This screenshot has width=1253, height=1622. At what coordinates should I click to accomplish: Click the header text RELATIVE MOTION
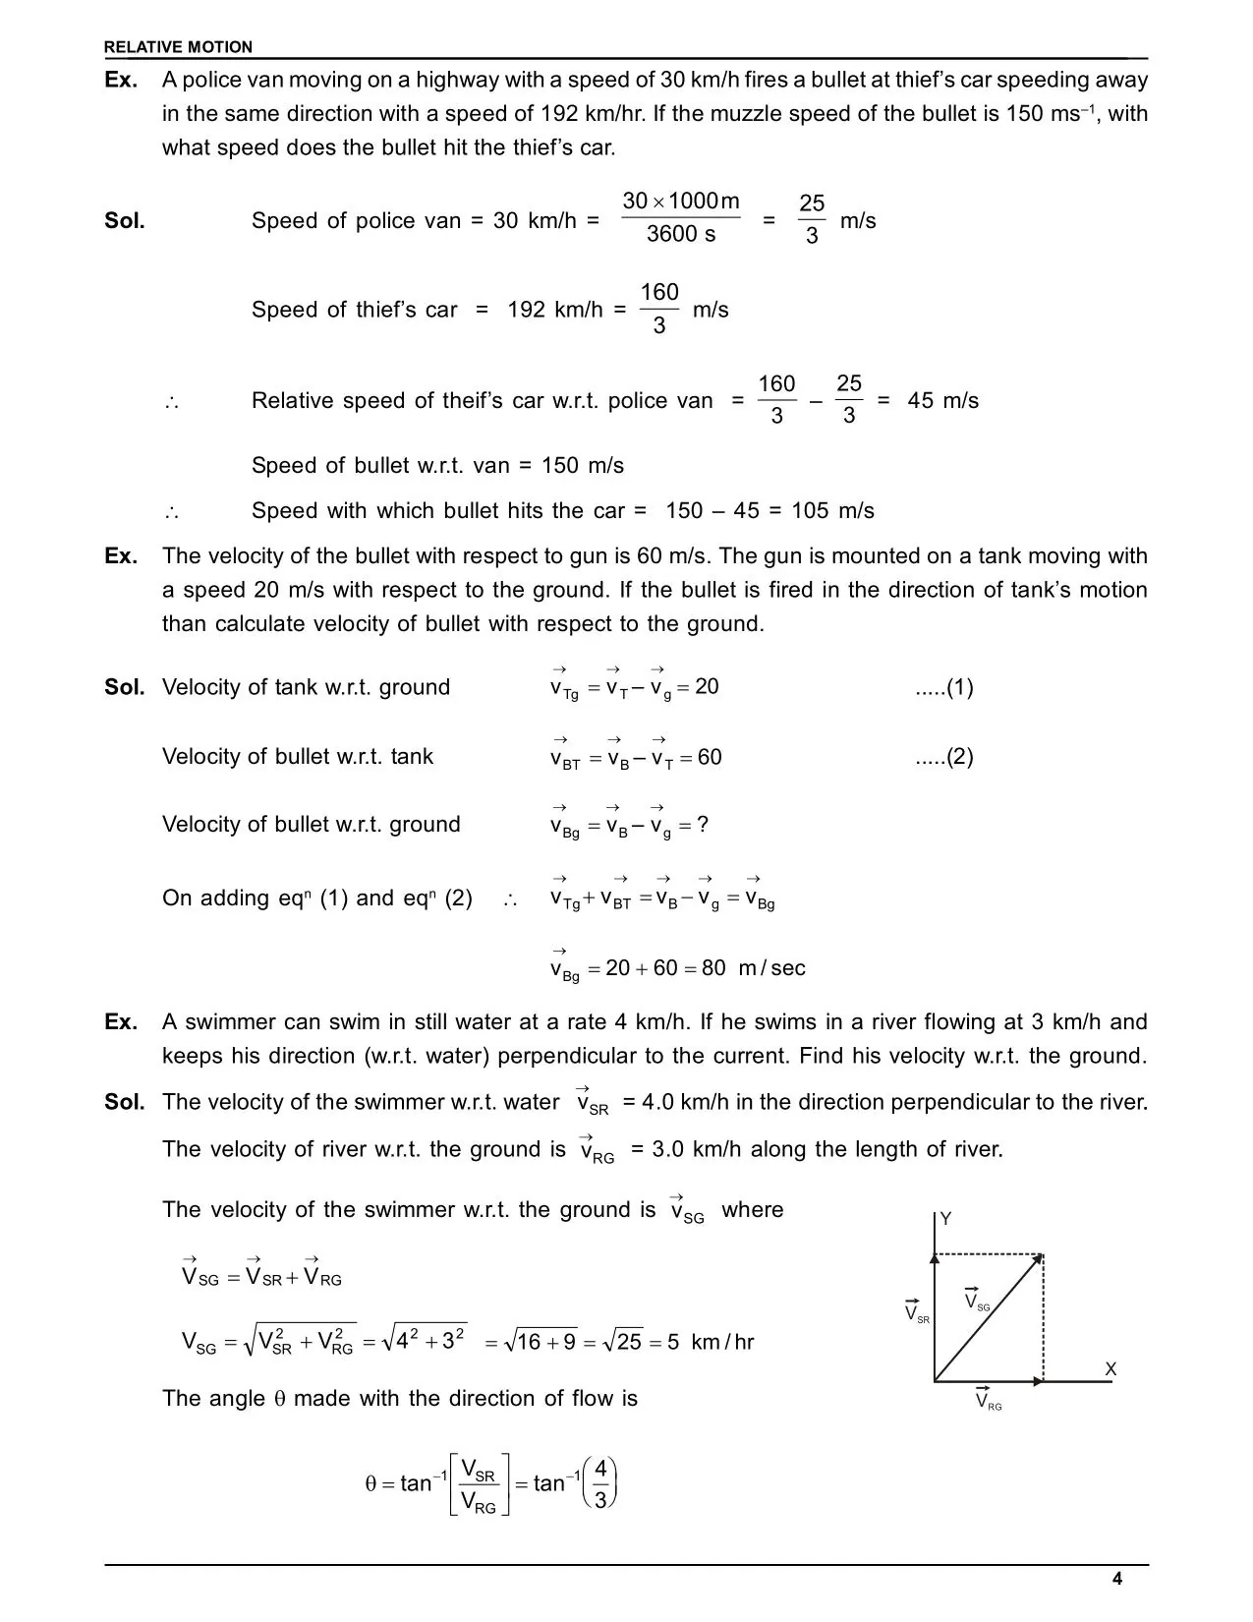(178, 47)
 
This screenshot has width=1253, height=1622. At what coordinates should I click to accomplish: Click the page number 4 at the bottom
(1116, 1579)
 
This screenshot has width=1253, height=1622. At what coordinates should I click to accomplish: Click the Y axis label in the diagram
(945, 1219)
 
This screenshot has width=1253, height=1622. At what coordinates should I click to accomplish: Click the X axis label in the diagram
(1111, 1369)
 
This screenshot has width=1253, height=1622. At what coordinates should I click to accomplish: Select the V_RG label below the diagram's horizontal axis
(988, 1400)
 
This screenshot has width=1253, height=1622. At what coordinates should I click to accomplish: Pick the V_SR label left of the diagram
(916, 1313)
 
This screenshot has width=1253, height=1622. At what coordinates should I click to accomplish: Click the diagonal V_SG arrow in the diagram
(988, 1317)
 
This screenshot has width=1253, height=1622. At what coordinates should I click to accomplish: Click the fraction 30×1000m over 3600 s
(681, 217)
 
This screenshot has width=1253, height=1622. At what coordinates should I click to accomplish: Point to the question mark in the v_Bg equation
(702, 825)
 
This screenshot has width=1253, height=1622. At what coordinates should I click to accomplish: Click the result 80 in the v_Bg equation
(713, 968)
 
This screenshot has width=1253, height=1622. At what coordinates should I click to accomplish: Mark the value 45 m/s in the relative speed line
(942, 401)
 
